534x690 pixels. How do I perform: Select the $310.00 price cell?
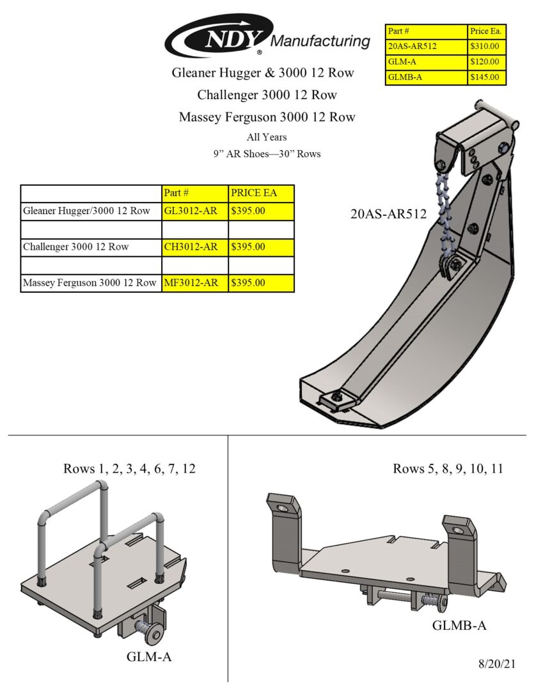[x=487, y=46]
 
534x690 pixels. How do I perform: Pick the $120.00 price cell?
[x=487, y=62]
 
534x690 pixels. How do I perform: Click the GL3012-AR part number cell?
[x=194, y=211]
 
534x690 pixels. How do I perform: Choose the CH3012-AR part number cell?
[x=194, y=247]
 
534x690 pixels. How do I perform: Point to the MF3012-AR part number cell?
[x=194, y=282]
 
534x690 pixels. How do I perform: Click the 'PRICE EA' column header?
[x=261, y=193]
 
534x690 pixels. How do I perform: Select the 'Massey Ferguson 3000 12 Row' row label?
[x=90, y=282]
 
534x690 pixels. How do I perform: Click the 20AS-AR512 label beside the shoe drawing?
[x=388, y=214]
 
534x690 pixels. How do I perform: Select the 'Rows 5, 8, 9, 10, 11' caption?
[x=448, y=469]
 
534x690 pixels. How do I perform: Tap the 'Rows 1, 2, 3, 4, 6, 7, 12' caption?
[x=129, y=469]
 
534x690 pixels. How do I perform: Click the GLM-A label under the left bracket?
[x=148, y=656]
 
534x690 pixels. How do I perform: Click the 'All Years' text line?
[x=267, y=137]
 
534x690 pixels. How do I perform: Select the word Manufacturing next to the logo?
[x=320, y=42]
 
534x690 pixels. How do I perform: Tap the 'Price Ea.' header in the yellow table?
[x=487, y=31]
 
